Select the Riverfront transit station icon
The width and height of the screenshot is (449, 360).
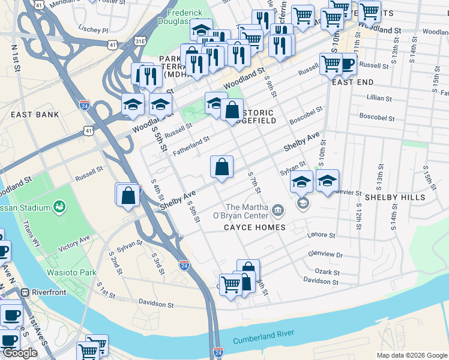(25, 293)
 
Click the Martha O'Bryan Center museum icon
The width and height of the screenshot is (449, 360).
(278, 209)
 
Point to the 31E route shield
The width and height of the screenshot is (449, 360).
(140, 41)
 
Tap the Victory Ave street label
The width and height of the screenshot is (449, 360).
(74, 243)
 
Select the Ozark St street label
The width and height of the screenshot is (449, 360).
(328, 272)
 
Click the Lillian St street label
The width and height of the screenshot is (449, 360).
(379, 98)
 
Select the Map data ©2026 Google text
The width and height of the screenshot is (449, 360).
(411, 355)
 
